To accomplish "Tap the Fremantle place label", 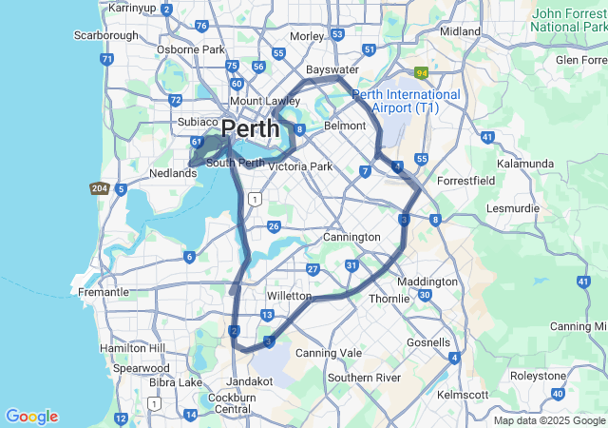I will click(104, 292).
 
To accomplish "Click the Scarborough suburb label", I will click(105, 35).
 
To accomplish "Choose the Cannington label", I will click(351, 237).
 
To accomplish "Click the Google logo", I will click(31, 417).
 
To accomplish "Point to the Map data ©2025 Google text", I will click(549, 420).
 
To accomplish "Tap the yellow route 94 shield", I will click(421, 71).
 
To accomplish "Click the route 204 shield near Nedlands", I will click(100, 188).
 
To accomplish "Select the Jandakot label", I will click(249, 380).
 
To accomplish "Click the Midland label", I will click(461, 31).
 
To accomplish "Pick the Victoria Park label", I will click(300, 166).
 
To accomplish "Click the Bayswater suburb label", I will click(332, 70).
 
